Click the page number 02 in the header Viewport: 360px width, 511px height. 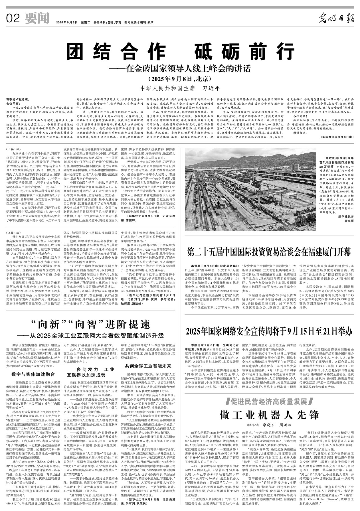13,19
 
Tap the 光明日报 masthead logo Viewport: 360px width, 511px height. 336,19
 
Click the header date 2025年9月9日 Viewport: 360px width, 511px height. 67,22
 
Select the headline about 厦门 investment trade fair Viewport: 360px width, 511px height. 269,252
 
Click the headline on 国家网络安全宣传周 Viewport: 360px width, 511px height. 269,331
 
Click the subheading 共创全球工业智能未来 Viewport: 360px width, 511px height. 148,366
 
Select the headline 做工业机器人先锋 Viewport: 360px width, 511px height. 269,415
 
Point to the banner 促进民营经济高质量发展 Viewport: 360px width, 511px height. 269,402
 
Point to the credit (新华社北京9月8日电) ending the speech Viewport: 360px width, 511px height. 337,137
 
